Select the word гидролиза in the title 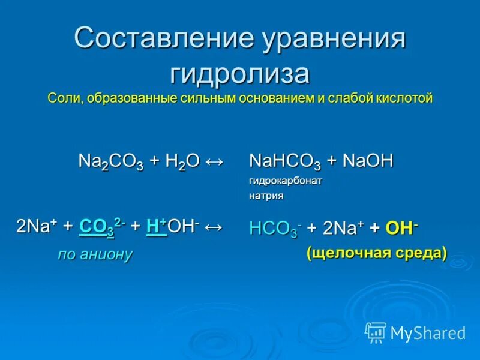coord(240,74)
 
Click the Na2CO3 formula coord(111,162)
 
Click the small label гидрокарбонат coord(286,181)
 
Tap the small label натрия coord(266,196)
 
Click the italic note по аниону coord(95,254)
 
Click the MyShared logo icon coord(376,331)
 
